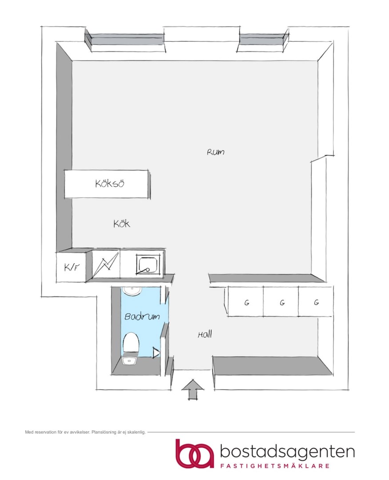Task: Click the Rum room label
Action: point(215,152)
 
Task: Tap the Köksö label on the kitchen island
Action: point(109,184)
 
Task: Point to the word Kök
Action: point(122,224)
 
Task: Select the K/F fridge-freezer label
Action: point(72,267)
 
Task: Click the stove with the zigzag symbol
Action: point(105,265)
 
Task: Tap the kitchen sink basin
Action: point(148,264)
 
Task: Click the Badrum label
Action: point(142,316)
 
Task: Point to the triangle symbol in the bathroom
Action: point(156,352)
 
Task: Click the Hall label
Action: point(205,334)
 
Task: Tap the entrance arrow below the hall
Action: point(192,389)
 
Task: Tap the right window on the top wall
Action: point(264,40)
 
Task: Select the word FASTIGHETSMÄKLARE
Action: point(275,466)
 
